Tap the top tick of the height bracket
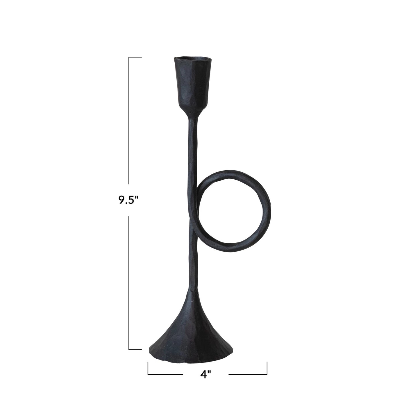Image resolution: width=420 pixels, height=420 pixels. [135, 57]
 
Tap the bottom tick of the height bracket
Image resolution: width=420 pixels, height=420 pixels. [135, 349]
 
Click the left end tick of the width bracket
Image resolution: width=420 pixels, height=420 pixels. [148, 368]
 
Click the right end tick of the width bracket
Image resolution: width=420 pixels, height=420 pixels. [267, 368]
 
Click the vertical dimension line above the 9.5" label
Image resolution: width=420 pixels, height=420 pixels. [129, 122]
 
